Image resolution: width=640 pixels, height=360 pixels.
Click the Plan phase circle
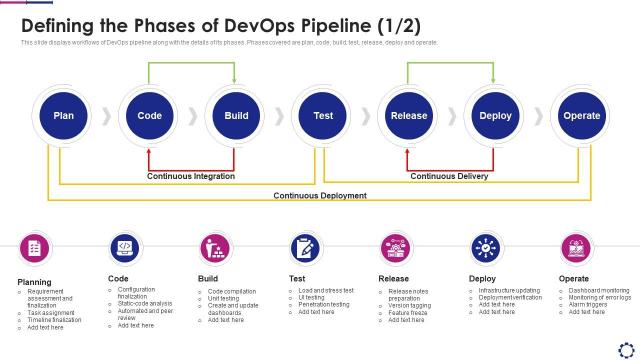[63, 116]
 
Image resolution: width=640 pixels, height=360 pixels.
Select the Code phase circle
[150, 116]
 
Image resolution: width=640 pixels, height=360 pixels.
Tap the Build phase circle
[236, 116]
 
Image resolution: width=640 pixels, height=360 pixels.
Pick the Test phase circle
[323, 116]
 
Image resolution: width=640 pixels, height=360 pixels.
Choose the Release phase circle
[409, 116]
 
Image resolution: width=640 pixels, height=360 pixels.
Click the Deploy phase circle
[495, 116]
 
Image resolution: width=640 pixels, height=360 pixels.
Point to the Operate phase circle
[582, 116]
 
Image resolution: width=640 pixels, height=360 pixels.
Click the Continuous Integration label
[191, 176]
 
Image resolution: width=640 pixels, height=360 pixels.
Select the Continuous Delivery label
[449, 176]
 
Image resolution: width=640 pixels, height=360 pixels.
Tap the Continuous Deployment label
[320, 196]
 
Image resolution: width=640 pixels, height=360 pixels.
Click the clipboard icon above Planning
[34, 247]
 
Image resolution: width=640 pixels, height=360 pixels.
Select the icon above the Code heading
[124, 247]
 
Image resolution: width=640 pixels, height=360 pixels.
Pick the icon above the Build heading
[214, 247]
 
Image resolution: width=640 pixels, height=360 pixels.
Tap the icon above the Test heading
[304, 247]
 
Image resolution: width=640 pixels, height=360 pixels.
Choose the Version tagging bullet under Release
[410, 305]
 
